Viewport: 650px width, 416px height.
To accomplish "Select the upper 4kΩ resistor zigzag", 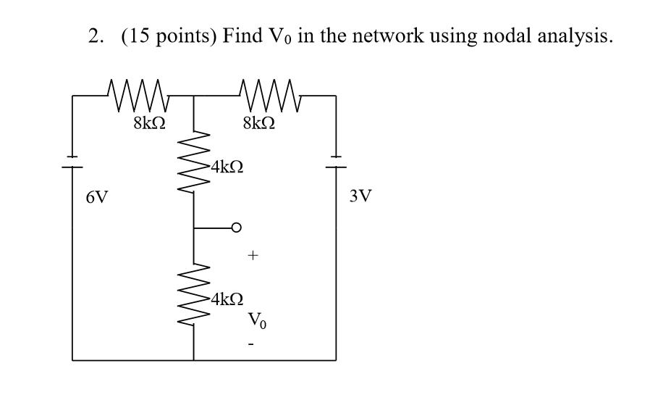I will [194, 159].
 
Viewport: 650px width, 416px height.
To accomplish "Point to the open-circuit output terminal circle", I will [235, 228].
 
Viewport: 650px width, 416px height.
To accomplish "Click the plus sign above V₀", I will [253, 256].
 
